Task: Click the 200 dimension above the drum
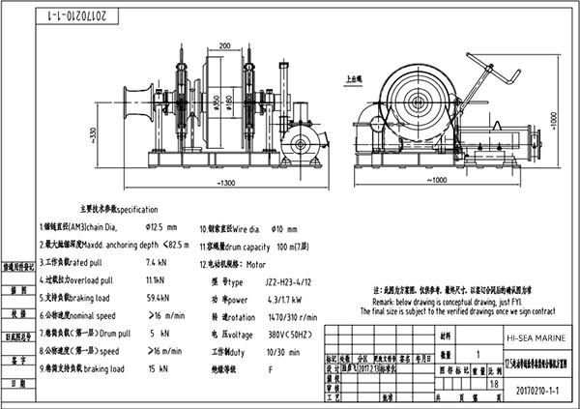point(224,45)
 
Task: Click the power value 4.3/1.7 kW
point(286,298)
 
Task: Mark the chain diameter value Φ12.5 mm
point(159,227)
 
